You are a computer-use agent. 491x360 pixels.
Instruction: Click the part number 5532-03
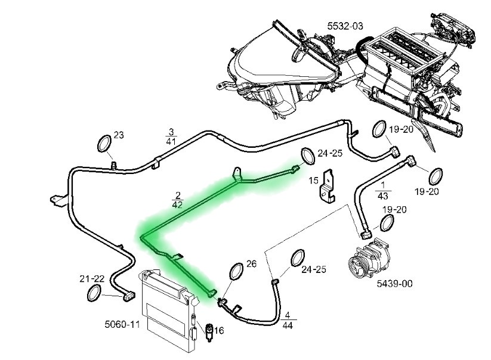click(x=345, y=26)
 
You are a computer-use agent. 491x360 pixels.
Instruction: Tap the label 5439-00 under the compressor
click(x=394, y=284)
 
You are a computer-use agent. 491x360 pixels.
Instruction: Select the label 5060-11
click(x=122, y=324)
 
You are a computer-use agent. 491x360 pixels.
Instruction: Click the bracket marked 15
click(x=327, y=186)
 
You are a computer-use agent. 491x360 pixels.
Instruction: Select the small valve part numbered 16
click(x=209, y=333)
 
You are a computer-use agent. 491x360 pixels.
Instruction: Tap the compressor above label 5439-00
click(x=369, y=258)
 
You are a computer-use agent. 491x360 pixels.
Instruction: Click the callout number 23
click(x=119, y=135)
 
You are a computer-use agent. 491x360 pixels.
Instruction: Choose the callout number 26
click(x=251, y=264)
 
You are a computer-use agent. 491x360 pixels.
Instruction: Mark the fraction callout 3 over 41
click(x=171, y=136)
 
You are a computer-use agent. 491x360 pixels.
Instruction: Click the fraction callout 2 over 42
click(x=178, y=200)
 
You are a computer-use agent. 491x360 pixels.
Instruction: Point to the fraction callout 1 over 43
click(x=382, y=191)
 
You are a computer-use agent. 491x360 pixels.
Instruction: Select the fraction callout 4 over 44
click(x=288, y=320)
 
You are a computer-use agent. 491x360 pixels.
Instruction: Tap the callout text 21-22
click(x=92, y=278)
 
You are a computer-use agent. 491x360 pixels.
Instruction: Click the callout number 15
click(x=313, y=181)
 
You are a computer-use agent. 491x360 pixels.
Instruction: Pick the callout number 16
click(x=219, y=330)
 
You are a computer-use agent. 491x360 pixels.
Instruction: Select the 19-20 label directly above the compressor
click(x=394, y=210)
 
